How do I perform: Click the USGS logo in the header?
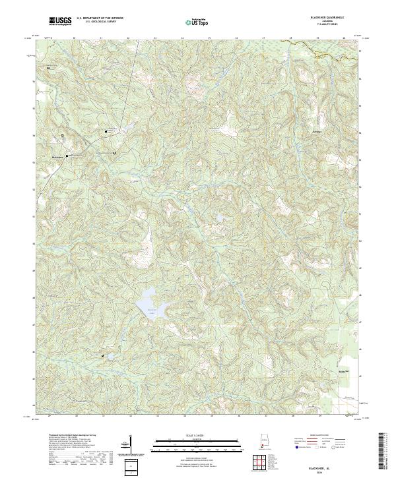(x=60, y=22)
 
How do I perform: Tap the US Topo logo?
(x=198, y=22)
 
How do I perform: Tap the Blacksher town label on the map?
(x=59, y=157)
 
